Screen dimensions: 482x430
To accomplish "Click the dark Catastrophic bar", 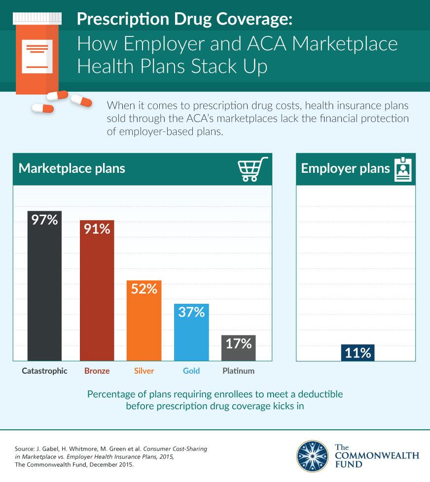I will [44, 295].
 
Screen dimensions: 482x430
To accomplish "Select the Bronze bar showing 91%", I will [97, 300].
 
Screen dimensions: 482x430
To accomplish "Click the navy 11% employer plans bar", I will [358, 353].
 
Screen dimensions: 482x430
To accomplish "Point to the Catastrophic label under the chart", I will [44, 371].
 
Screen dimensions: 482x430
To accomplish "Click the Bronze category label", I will [97, 371].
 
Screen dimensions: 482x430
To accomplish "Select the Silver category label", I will [144, 371].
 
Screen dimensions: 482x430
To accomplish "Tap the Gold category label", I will [191, 371].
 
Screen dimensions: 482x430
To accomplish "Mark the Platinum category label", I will [238, 371].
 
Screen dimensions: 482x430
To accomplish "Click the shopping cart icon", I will [252, 169].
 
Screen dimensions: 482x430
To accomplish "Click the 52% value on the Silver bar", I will [144, 289].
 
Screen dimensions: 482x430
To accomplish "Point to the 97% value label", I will [44, 220].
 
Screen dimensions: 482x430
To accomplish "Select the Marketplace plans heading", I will [72, 168].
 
